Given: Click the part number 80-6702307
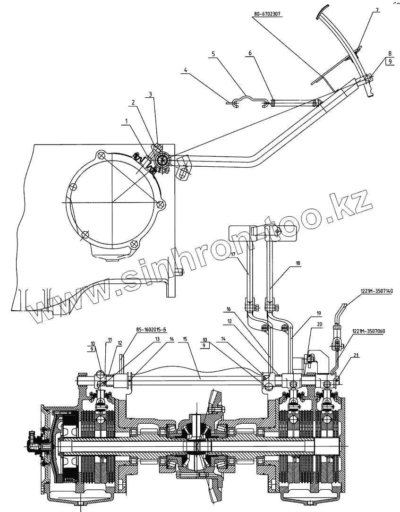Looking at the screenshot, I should [268, 14].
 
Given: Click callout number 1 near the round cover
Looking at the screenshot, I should [126, 121].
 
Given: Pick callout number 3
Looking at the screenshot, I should [150, 94].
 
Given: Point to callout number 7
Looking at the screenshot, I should [377, 9].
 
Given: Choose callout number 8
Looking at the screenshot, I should [390, 53].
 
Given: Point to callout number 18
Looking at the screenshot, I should [298, 262].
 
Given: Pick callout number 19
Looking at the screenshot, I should [318, 313].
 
